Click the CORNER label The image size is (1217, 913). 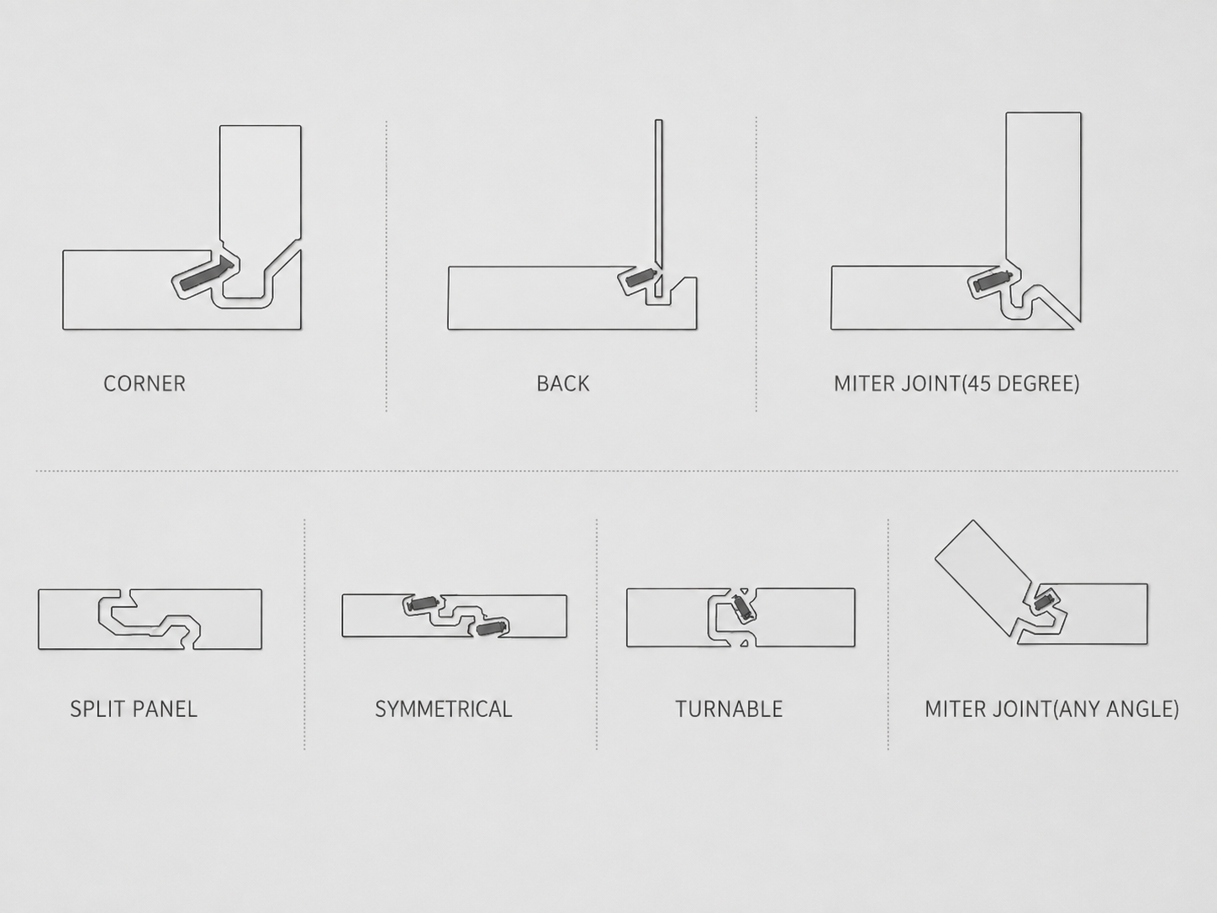pos(145,383)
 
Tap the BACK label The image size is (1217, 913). pos(563,383)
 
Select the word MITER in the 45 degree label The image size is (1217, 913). pos(864,383)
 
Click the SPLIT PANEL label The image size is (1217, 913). pos(134,709)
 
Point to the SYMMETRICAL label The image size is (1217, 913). pos(444,709)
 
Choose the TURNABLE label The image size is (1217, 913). pos(729,709)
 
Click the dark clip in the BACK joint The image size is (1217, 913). pos(641,277)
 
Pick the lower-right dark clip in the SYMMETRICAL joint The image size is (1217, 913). pos(491,628)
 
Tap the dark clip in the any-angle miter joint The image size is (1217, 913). pos(1043,600)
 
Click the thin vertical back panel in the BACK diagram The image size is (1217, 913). pos(659,208)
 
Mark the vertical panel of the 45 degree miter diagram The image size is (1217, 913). pos(1044,211)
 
